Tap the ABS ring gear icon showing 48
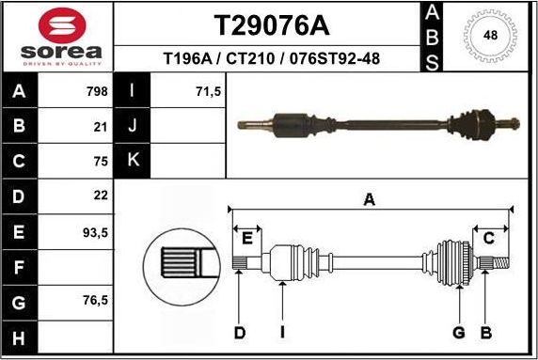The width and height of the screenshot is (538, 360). tap(490, 37)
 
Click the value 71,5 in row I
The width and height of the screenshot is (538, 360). tap(208, 92)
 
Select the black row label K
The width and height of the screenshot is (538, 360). tap(133, 160)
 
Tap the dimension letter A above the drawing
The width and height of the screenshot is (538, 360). tap(370, 199)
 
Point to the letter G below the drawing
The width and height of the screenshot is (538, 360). tap(459, 332)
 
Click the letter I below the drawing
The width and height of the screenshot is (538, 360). tap(282, 332)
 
